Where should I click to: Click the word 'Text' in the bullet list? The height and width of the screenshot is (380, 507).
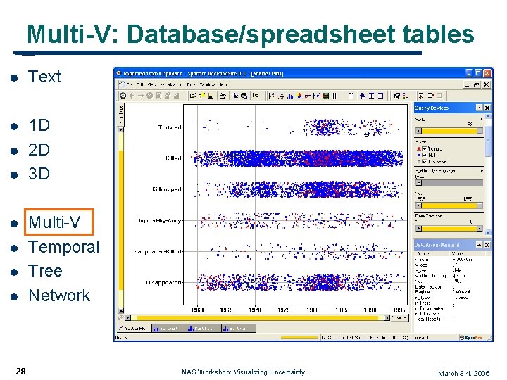click(x=45, y=77)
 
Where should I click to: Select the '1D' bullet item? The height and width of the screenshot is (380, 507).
click(x=39, y=125)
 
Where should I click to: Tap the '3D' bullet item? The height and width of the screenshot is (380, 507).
click(x=39, y=173)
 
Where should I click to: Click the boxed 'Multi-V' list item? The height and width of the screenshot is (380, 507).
click(x=55, y=223)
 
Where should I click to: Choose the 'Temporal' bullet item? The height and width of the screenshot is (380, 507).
click(x=64, y=247)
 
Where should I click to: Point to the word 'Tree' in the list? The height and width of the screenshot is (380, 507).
click(x=45, y=271)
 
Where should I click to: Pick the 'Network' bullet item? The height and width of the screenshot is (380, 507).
click(x=59, y=296)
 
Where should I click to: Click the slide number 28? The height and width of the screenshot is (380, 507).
click(x=21, y=371)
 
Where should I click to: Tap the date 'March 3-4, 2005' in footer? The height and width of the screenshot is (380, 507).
click(x=463, y=373)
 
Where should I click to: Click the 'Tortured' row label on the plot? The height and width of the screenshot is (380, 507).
click(x=169, y=127)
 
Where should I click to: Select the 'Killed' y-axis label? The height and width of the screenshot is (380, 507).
click(x=173, y=158)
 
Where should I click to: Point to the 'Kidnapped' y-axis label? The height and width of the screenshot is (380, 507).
click(x=167, y=189)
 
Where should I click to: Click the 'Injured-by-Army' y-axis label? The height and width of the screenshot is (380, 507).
click(x=160, y=220)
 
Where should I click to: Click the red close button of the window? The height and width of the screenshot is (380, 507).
click(x=487, y=72)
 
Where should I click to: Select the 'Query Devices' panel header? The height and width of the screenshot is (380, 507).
click(x=432, y=108)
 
